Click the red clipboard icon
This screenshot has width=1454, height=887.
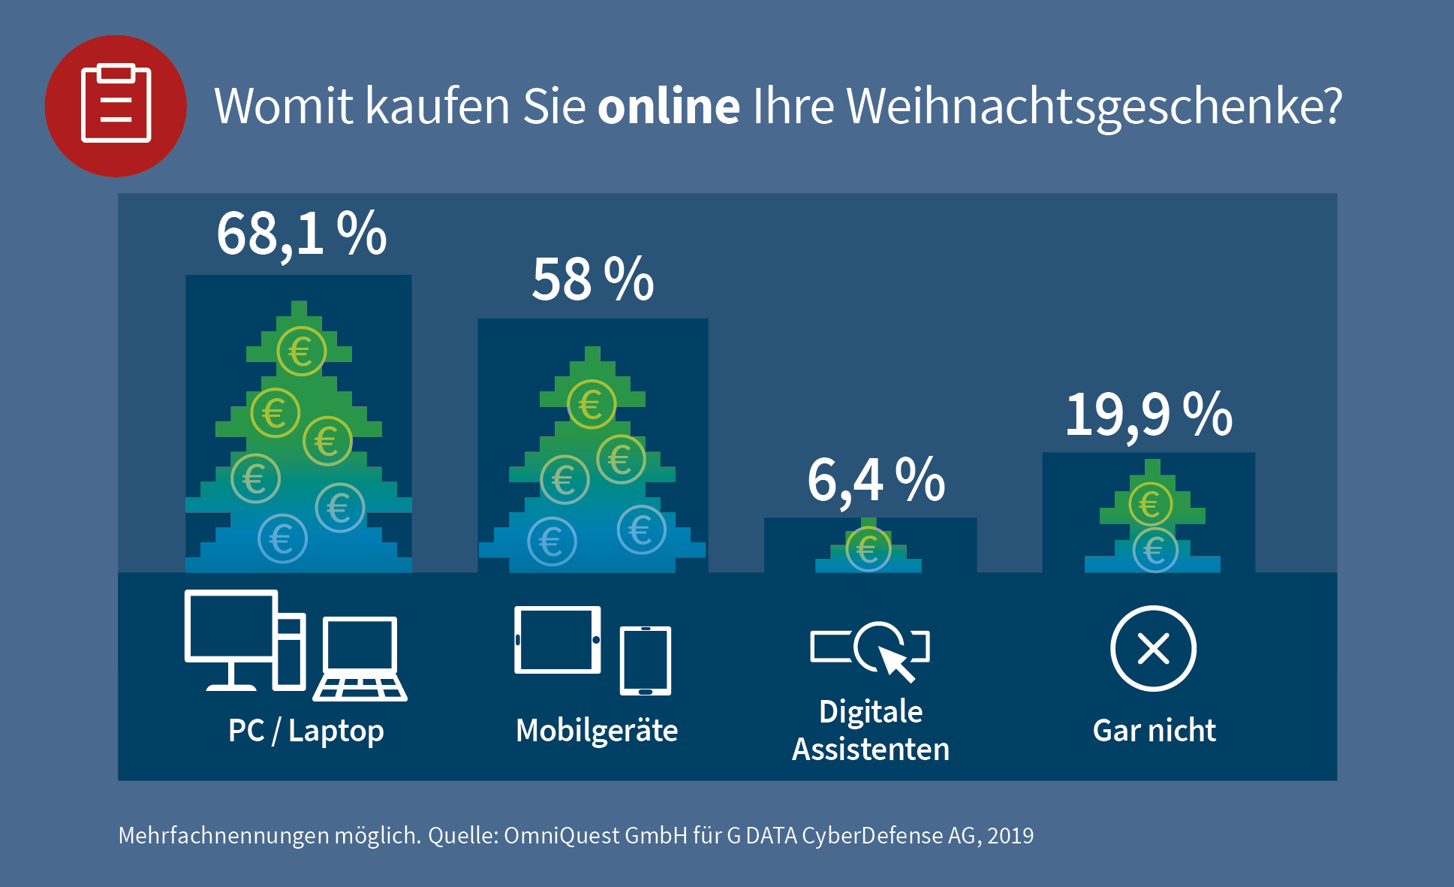[116, 106]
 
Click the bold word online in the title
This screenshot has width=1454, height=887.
[668, 106]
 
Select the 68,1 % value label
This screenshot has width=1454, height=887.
[301, 234]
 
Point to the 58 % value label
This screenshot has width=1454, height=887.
[592, 279]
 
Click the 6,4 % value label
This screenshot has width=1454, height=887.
[875, 480]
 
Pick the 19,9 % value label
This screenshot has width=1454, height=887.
[1148, 414]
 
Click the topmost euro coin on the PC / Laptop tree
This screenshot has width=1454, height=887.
[301, 351]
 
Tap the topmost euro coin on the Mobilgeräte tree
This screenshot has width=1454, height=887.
[592, 405]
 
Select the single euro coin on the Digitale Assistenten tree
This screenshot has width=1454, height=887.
[868, 549]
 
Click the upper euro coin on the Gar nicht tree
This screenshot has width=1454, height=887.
[1150, 504]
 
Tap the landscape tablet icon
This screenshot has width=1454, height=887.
[557, 640]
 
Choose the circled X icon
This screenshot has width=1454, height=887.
[1153, 648]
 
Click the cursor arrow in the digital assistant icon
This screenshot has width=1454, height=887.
[896, 662]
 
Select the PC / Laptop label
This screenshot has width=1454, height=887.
[306, 731]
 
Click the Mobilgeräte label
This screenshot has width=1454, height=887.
[597, 731]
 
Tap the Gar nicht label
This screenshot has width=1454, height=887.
[1154, 731]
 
